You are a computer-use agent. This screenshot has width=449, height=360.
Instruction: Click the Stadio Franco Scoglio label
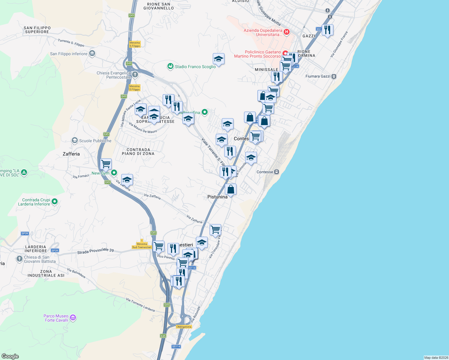[x=195, y=67]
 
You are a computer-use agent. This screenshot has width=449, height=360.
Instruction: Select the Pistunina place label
[x=217, y=197]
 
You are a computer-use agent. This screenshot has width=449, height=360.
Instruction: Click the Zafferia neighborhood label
[x=71, y=154]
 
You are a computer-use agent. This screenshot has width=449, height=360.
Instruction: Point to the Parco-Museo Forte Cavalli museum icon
[x=73, y=318]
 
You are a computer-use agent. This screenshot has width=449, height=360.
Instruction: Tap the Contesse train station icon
[x=277, y=172]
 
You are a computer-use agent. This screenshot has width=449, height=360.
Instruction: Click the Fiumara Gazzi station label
[x=318, y=76]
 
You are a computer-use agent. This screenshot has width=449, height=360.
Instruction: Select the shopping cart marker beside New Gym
[x=106, y=164]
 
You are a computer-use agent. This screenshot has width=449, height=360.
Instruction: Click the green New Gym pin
[x=114, y=172]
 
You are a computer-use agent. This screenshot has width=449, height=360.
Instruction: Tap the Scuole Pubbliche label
[x=95, y=141]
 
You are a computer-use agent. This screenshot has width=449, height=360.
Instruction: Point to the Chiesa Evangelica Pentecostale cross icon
[x=135, y=74]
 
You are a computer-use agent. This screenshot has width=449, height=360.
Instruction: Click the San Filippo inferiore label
[x=69, y=54]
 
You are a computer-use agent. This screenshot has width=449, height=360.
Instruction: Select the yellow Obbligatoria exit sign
[x=184, y=327]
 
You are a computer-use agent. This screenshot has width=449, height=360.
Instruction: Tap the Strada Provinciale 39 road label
[x=95, y=251]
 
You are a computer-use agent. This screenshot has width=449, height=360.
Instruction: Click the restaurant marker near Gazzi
[x=327, y=30]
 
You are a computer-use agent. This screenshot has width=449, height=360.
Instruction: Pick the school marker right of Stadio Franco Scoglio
[x=218, y=59]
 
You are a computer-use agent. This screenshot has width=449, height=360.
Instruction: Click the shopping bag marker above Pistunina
[x=231, y=189]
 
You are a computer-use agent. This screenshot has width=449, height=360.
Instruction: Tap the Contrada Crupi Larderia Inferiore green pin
[x=55, y=202]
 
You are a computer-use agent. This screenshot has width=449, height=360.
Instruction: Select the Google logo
[x=10, y=356]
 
